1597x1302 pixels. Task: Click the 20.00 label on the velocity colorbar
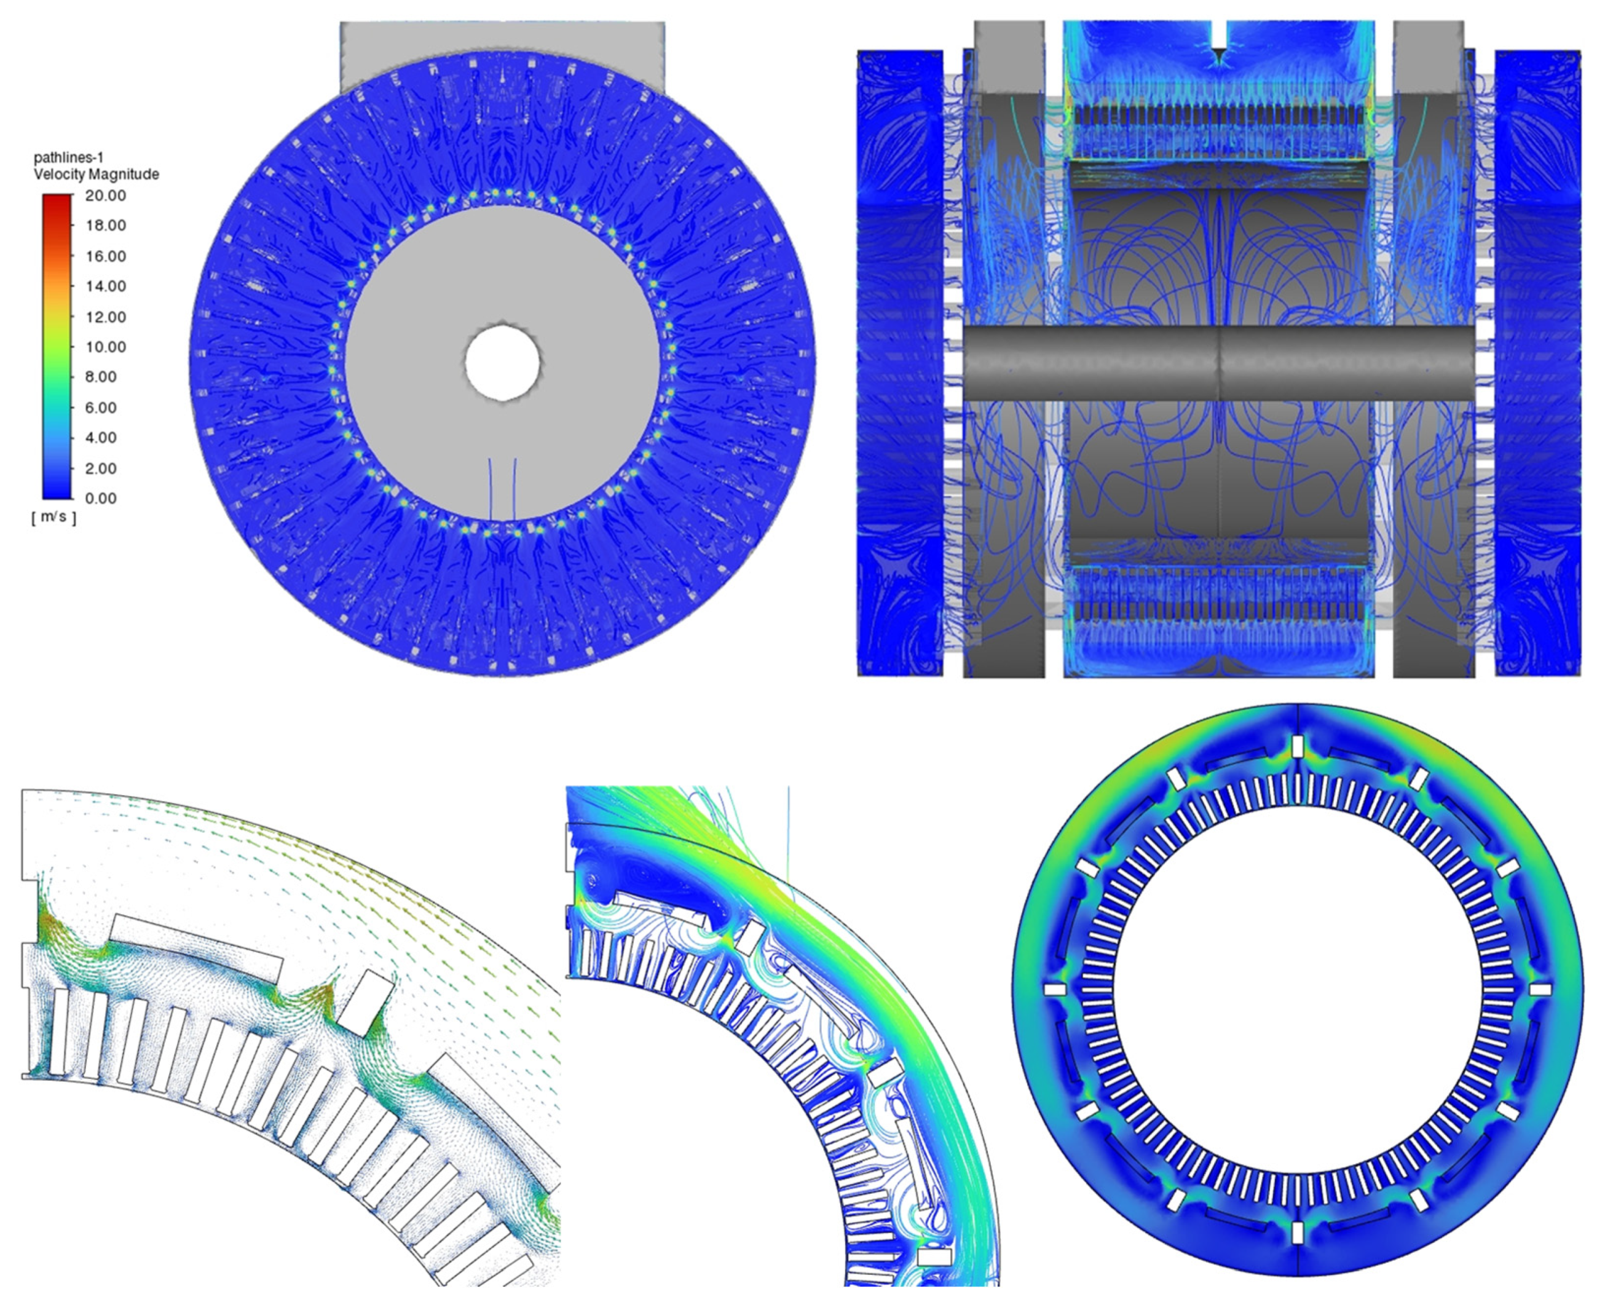[x=106, y=195]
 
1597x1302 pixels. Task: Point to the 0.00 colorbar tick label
[x=101, y=499]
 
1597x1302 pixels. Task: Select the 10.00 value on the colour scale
[x=106, y=347]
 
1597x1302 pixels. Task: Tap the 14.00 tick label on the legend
[x=106, y=286]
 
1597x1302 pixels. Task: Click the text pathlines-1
[x=68, y=157]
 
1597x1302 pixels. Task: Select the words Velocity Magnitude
[x=96, y=175]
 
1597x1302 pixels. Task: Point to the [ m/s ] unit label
[x=53, y=518]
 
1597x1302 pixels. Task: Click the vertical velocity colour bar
[x=57, y=347]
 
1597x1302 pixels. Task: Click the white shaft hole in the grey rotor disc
[x=502, y=362]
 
